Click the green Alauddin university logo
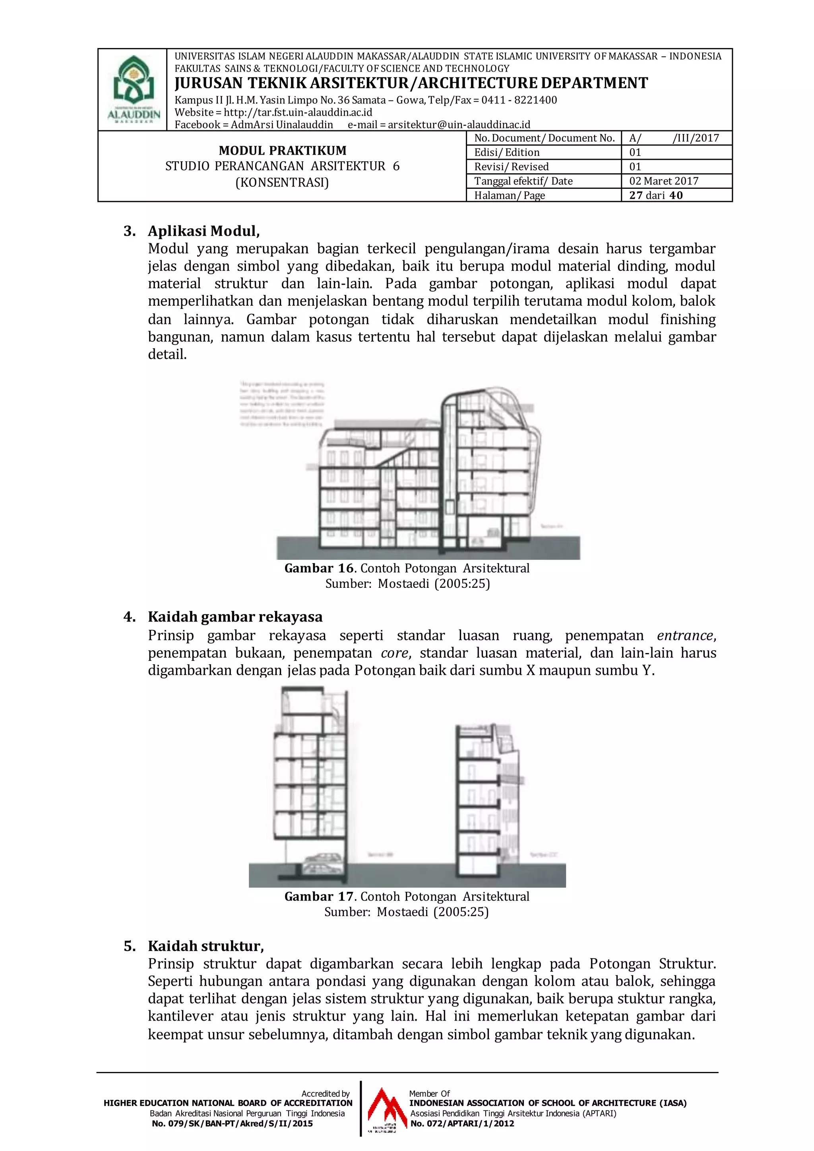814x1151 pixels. point(133,88)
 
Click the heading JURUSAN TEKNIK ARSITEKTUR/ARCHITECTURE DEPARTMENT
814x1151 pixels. point(411,83)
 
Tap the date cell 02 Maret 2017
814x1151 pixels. point(664,181)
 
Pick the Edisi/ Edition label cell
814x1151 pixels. point(507,152)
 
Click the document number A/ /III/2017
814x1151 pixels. point(674,138)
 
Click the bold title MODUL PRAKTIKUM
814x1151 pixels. point(282,150)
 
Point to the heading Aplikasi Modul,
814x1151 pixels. point(203,231)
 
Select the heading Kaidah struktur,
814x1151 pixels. point(205,946)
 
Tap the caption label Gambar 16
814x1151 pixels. point(319,568)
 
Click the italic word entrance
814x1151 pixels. point(685,636)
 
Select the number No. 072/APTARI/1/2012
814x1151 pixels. point(462,1124)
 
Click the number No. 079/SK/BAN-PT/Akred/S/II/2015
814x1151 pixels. point(232,1124)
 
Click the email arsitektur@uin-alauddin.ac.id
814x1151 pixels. point(459,125)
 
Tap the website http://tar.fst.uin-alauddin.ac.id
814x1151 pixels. point(298,112)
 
